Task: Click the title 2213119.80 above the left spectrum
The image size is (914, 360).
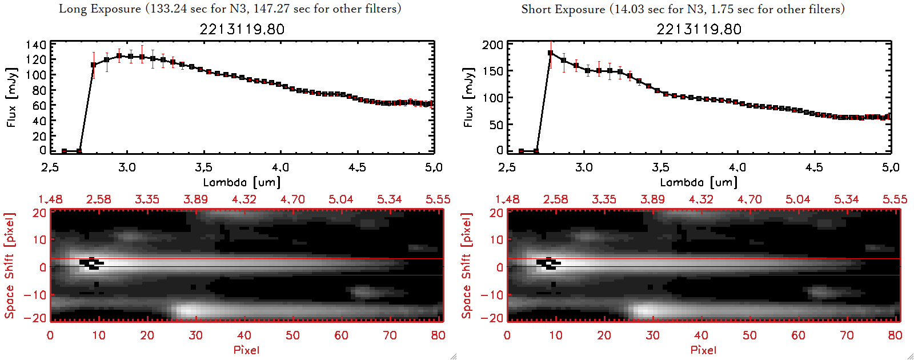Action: (242, 29)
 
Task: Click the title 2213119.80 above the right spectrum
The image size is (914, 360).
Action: (699, 29)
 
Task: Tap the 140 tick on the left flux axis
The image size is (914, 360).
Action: (36, 45)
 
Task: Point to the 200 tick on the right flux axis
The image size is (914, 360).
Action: (492, 45)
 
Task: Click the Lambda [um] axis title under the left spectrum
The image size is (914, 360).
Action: (242, 182)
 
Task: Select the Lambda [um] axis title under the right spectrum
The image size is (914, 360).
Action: (699, 182)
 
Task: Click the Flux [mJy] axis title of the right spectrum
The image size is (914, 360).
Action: (468, 97)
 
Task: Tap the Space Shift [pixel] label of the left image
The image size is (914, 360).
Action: (10, 266)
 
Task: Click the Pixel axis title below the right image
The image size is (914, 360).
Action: (703, 350)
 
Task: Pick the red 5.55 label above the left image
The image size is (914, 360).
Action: (438, 199)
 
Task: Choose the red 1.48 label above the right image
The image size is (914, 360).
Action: (507, 199)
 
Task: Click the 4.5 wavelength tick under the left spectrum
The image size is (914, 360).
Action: (357, 167)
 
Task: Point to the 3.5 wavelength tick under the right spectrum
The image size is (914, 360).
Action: (660, 167)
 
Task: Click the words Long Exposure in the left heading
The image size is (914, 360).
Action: (100, 9)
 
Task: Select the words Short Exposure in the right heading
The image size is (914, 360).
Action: (563, 9)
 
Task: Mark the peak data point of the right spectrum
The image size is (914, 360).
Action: (550, 53)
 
